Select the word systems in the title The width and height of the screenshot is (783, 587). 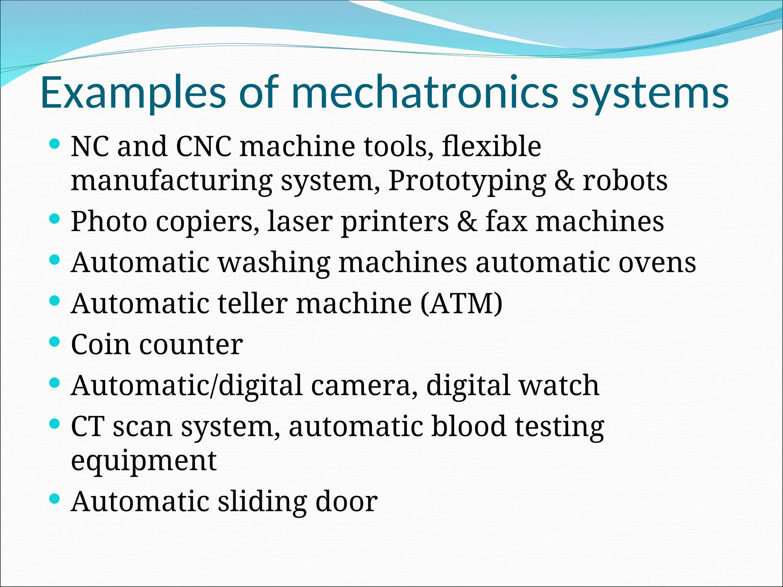(x=650, y=93)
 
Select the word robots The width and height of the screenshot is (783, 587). (x=625, y=181)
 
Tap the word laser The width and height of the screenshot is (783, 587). (x=300, y=222)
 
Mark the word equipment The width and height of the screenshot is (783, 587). (x=144, y=461)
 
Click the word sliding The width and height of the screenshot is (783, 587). (x=262, y=501)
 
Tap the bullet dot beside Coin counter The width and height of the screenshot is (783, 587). (x=55, y=341)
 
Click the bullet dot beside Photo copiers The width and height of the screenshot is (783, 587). (x=55, y=218)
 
